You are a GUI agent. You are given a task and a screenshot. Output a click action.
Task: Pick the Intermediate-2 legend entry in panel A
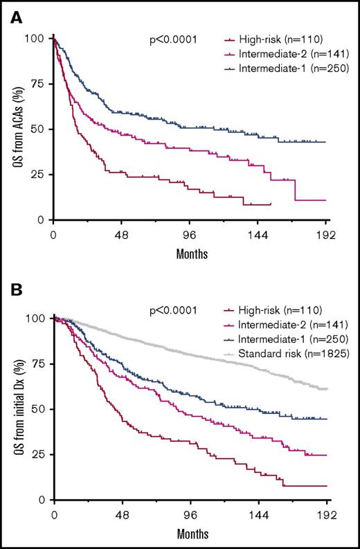[284, 53]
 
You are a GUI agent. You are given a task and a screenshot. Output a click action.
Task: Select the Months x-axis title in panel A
[190, 253]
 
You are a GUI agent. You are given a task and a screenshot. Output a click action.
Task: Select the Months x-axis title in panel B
[190, 534]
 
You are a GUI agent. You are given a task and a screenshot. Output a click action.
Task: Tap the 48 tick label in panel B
[122, 516]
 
